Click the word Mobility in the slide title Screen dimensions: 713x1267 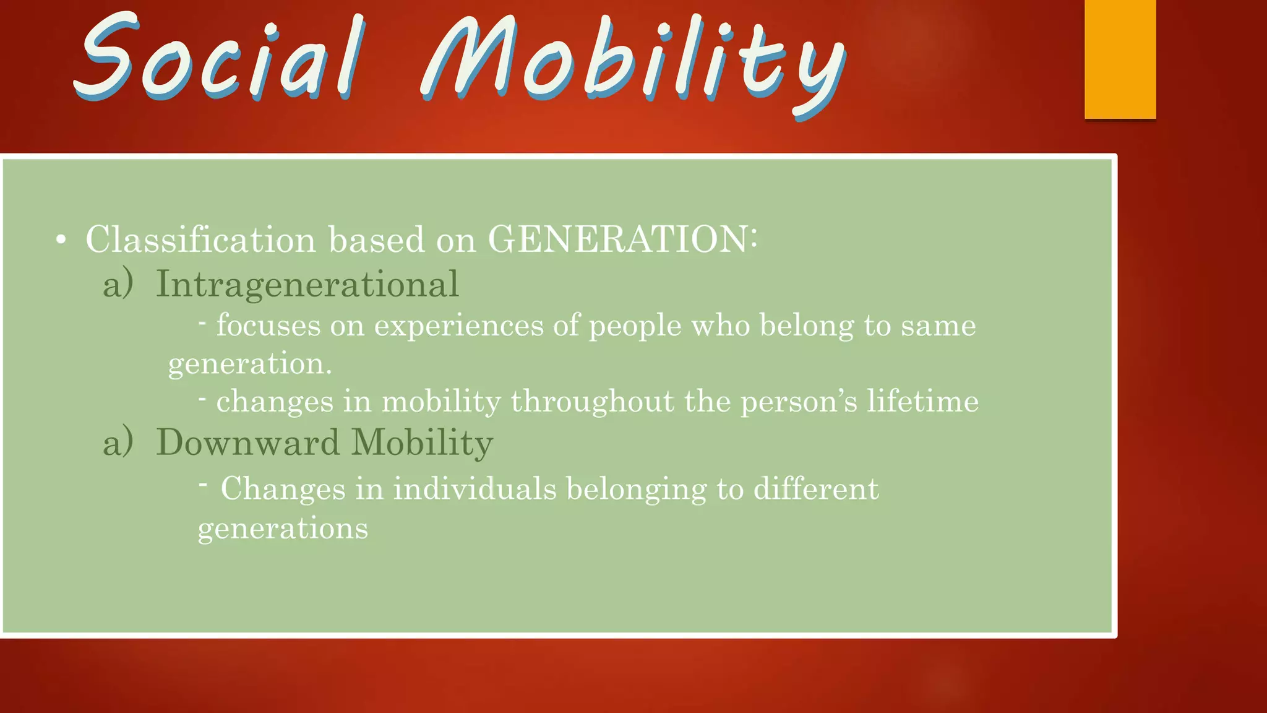click(631, 65)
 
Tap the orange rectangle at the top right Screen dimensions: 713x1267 click(1120, 59)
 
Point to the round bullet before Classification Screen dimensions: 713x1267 click(61, 240)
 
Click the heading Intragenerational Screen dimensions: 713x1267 click(307, 285)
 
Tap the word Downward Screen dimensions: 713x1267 click(247, 443)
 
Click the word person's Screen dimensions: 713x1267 click(799, 402)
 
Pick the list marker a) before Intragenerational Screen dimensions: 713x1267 click(118, 285)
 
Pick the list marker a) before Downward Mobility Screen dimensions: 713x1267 click(118, 443)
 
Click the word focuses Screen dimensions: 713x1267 click(268, 326)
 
